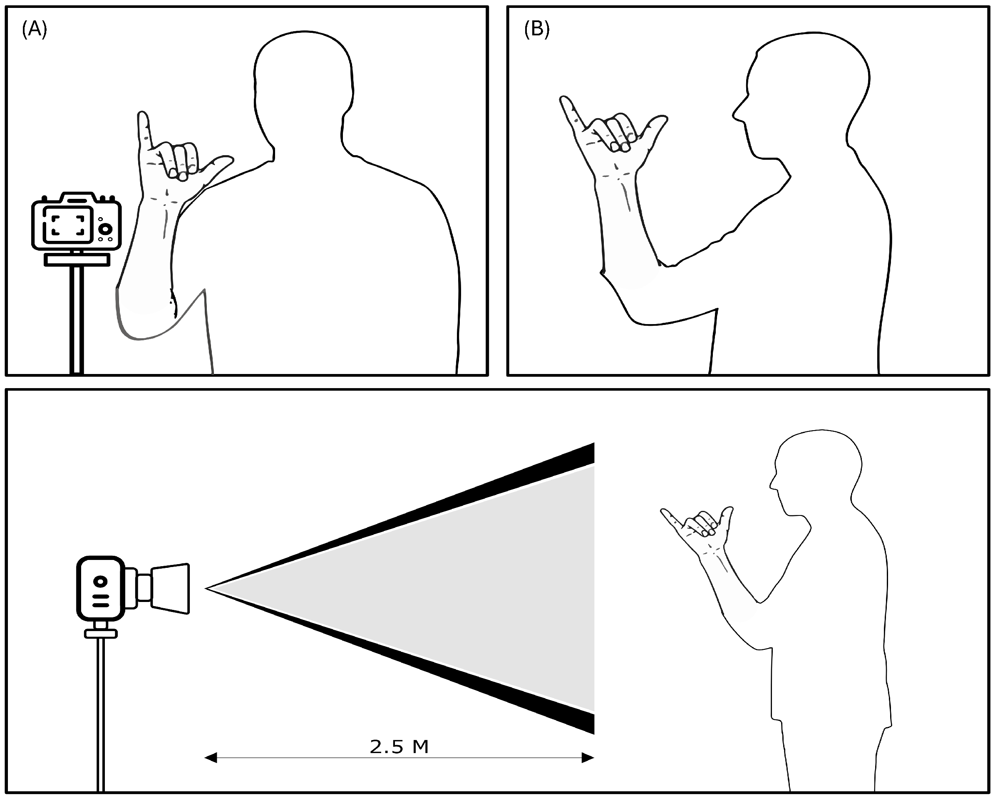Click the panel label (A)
34,30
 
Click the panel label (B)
537,30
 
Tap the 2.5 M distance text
399,746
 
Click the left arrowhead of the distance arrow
211,758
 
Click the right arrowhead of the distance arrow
588,758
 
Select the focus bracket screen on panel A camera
68,225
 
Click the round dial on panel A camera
106,229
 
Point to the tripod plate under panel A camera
77,260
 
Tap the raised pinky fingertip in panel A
143,116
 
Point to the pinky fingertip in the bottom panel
664,511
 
